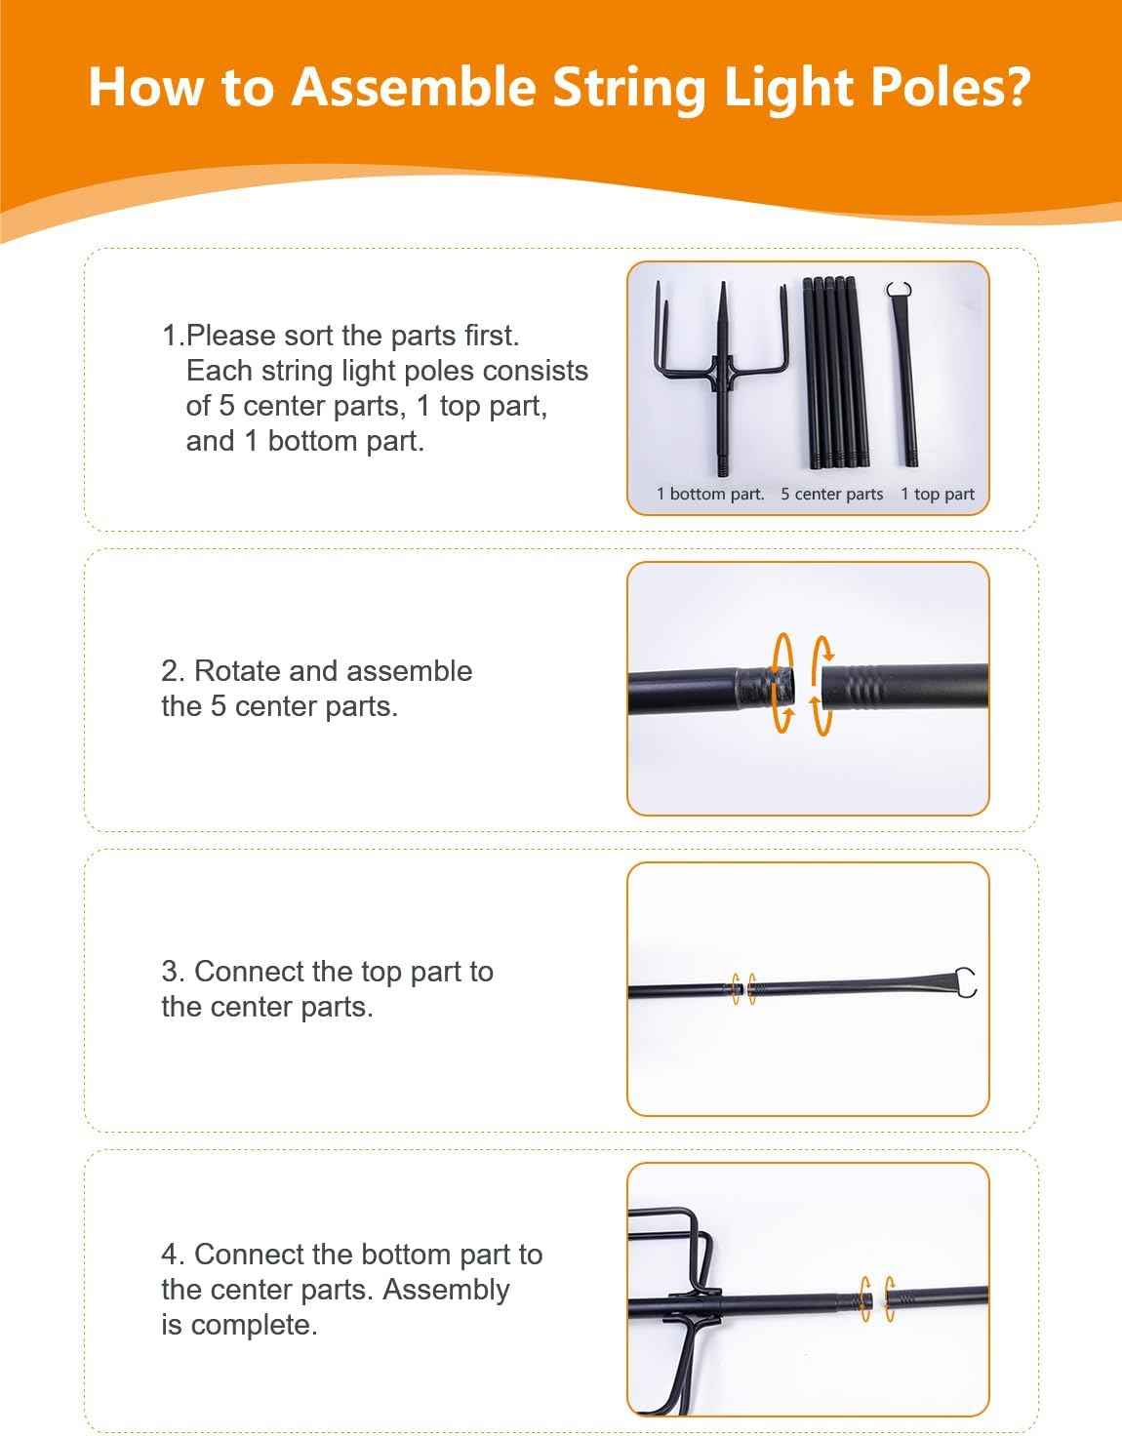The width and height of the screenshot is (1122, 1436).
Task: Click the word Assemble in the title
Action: (x=413, y=87)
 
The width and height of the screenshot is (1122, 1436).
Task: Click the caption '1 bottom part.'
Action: (x=709, y=494)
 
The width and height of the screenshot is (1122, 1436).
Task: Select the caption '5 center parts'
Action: (x=832, y=494)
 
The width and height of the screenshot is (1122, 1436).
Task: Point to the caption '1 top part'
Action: (x=938, y=494)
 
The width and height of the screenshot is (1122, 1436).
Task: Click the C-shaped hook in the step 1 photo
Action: (x=899, y=290)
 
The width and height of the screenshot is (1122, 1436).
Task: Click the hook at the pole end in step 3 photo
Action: (x=966, y=981)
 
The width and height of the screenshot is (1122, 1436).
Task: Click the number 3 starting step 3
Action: (x=173, y=972)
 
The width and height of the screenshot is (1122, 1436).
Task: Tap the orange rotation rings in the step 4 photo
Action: (x=877, y=1298)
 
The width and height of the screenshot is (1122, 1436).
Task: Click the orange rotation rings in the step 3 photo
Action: (x=743, y=988)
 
